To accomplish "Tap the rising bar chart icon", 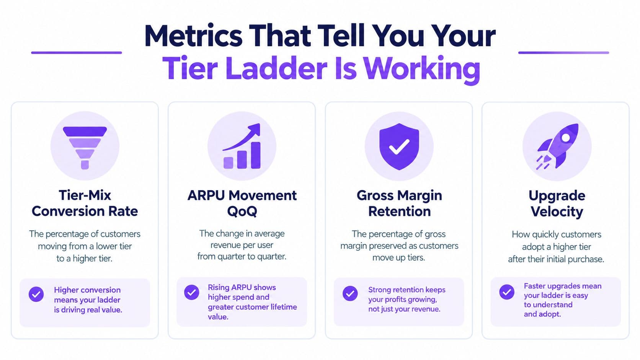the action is click(x=242, y=146).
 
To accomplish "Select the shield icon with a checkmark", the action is click(x=399, y=147).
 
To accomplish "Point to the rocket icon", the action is click(x=557, y=147).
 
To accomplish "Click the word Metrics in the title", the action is click(x=193, y=36).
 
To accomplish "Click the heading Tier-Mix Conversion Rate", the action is click(x=85, y=203).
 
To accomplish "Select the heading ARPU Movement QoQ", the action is click(x=242, y=203).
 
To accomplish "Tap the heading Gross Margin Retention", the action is click(x=399, y=203).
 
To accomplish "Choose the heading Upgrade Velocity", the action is click(x=557, y=203).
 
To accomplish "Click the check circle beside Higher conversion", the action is click(x=36, y=294).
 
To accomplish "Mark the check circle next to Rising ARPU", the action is click(x=192, y=292).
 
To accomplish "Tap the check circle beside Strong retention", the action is click(x=350, y=293).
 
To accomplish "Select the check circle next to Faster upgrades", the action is click(x=507, y=292).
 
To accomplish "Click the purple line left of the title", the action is click(x=77, y=52).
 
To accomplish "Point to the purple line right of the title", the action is click(x=564, y=52).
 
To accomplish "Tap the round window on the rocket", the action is click(x=565, y=138).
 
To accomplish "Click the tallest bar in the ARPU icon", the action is click(x=256, y=155).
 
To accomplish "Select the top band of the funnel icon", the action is click(x=85, y=131).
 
